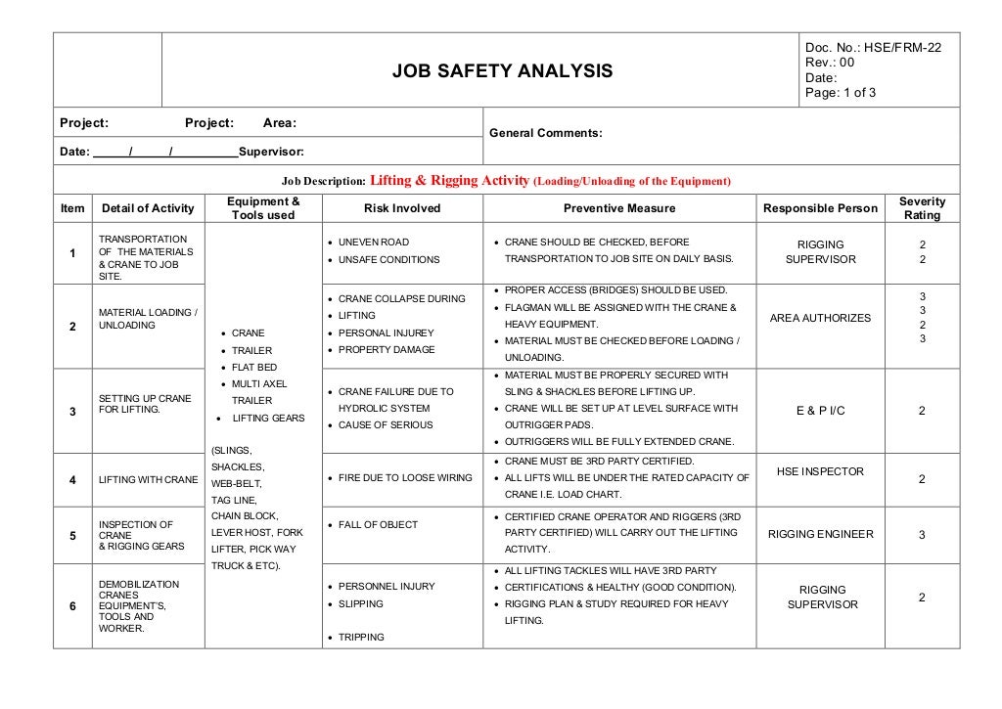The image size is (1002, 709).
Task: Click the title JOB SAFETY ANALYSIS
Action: pyautogui.click(x=502, y=70)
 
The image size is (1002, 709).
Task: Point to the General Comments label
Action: pyautogui.click(x=545, y=133)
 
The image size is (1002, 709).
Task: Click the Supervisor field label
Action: pyautogui.click(x=271, y=152)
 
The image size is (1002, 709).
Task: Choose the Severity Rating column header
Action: pyautogui.click(x=922, y=208)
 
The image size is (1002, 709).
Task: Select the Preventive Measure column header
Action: pyautogui.click(x=618, y=208)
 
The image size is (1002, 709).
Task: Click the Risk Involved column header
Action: pyautogui.click(x=402, y=208)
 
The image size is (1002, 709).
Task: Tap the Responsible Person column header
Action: pyautogui.click(x=820, y=208)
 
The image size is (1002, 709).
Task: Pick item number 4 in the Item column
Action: pyautogui.click(x=72, y=480)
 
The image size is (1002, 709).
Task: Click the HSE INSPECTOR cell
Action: pyautogui.click(x=820, y=471)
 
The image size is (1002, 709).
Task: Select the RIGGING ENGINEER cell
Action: pyautogui.click(x=820, y=534)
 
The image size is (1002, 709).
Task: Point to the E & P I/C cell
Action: pyautogui.click(x=820, y=411)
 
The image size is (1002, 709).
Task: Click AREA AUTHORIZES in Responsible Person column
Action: pyautogui.click(x=820, y=318)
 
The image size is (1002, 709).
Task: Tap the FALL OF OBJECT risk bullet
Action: pyautogui.click(x=378, y=525)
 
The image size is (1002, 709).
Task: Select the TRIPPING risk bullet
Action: pyautogui.click(x=359, y=638)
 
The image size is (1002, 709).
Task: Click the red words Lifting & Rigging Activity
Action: pyautogui.click(x=449, y=181)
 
